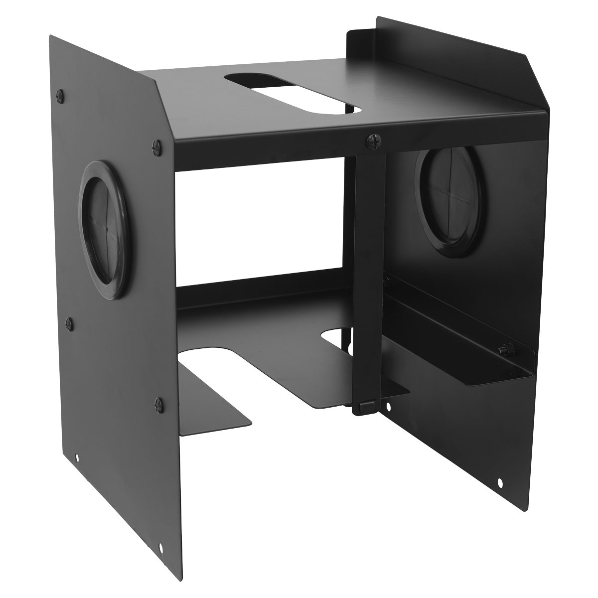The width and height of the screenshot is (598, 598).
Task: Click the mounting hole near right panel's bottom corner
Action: pos(500,482)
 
